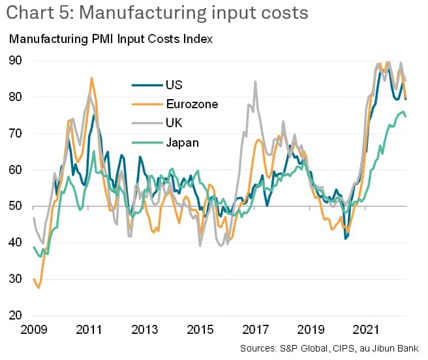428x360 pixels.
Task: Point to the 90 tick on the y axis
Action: (16, 61)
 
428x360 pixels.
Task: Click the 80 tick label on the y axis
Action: (16, 97)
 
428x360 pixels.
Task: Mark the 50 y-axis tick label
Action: (16, 207)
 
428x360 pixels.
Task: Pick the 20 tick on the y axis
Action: (16, 316)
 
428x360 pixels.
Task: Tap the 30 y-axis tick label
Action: (16, 280)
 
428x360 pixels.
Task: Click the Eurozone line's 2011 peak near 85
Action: (91, 78)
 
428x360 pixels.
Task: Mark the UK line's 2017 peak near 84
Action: (254, 82)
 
